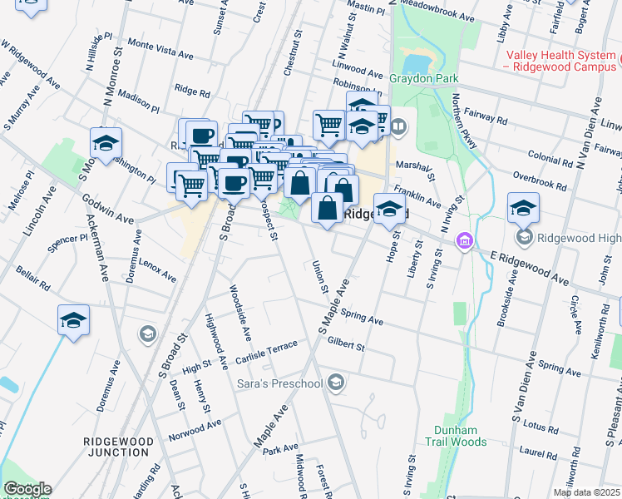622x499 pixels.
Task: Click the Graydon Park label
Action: [x=412, y=79]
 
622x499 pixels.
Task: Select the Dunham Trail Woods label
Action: [x=456, y=436]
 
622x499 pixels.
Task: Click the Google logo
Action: [x=27, y=489]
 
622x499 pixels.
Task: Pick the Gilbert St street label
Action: [x=346, y=343]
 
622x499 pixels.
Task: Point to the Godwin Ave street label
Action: [x=107, y=210]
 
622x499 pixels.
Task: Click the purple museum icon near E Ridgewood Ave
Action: [x=464, y=242]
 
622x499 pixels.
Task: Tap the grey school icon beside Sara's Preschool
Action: [x=335, y=383]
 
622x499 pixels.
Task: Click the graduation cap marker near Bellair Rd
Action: [x=73, y=320]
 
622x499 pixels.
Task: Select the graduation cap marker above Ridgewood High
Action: [x=523, y=207]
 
